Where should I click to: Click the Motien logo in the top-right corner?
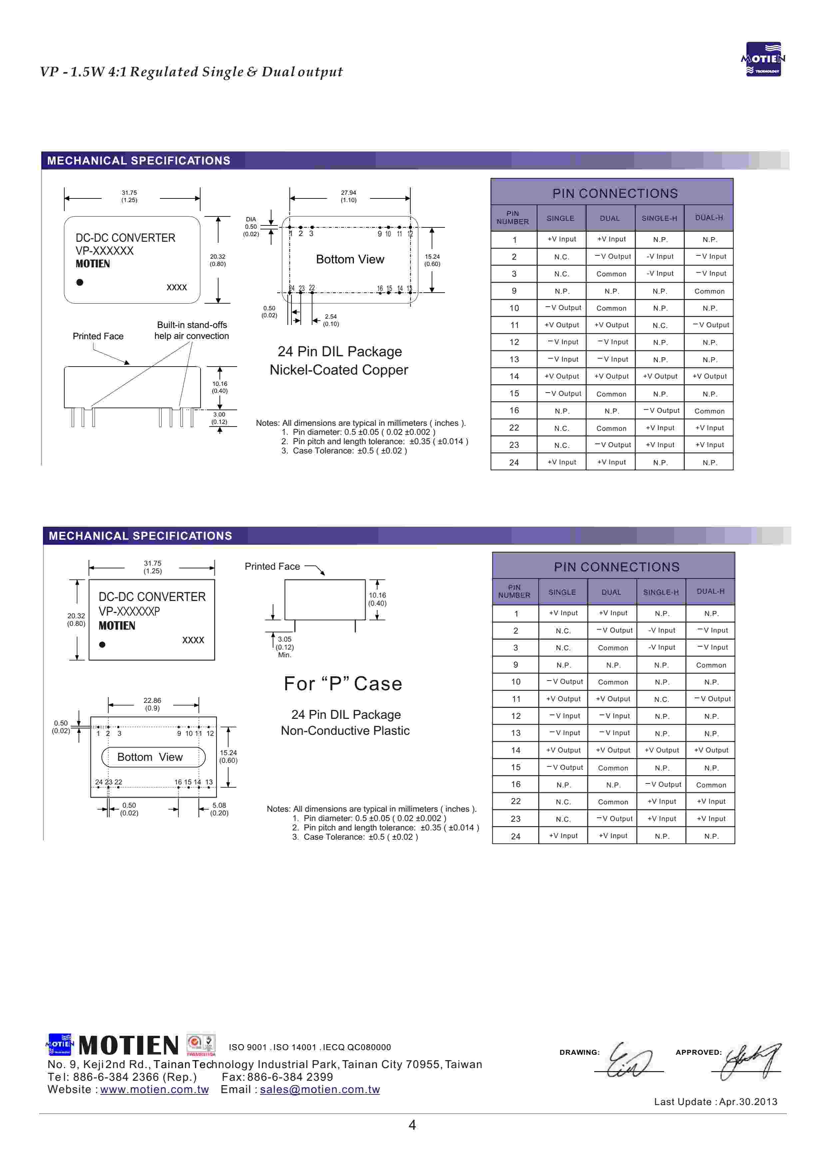pos(763,59)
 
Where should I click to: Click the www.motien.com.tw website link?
pos(154,1090)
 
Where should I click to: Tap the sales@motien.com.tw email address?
pos(320,1090)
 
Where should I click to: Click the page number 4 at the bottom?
pos(412,1125)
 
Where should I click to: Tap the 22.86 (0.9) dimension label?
pos(152,704)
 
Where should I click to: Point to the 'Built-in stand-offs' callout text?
pos(192,325)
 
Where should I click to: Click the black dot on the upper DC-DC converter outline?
pos(80,282)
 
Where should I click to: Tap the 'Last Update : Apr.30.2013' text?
pos(715,1102)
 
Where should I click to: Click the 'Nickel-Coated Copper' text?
pos(339,370)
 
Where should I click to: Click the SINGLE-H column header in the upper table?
pos(659,218)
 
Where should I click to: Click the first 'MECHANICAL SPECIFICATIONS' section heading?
pos(139,161)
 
